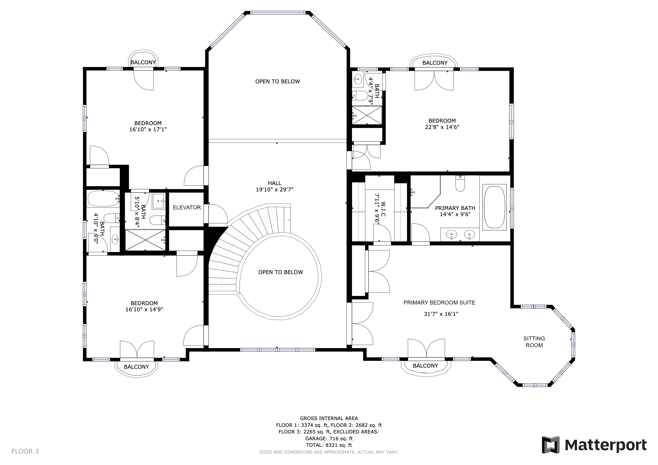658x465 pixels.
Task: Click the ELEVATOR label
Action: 187,207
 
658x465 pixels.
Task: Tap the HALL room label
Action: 274,183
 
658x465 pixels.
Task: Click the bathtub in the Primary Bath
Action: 495,207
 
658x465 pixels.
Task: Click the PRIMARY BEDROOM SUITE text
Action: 439,302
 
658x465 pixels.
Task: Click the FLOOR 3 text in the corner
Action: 25,452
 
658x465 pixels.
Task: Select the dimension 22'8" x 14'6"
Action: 442,127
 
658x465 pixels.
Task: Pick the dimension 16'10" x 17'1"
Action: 148,129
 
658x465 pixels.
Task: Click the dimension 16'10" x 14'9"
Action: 144,309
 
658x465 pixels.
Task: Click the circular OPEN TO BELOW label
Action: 281,272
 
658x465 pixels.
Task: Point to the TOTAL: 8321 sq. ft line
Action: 329,445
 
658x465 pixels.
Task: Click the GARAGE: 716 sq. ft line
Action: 329,438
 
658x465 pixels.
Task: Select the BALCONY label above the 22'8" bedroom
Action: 435,63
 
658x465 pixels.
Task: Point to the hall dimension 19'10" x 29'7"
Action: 274,189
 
